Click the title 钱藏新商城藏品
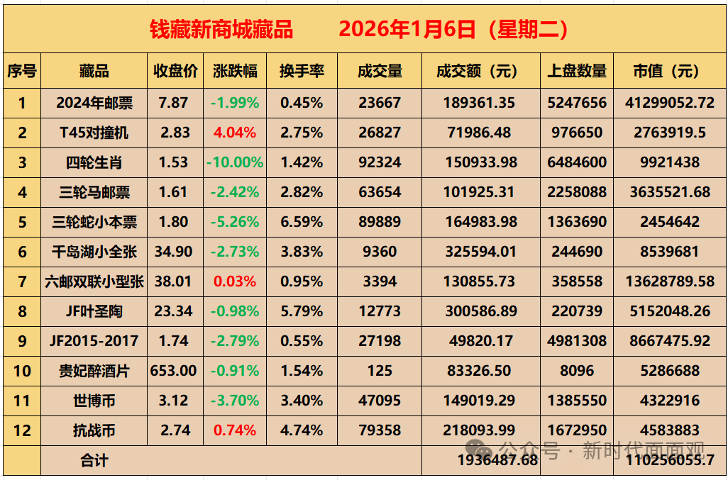click(x=221, y=29)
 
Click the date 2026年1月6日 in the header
click(x=407, y=29)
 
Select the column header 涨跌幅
click(x=235, y=71)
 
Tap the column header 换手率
click(x=302, y=71)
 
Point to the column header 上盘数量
click(x=577, y=71)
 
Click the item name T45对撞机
click(x=94, y=133)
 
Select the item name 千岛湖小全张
click(x=94, y=252)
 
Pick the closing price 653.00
click(x=174, y=371)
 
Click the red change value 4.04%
click(x=235, y=133)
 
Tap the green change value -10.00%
click(x=235, y=162)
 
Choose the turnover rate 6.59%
click(x=302, y=222)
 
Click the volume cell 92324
click(x=380, y=162)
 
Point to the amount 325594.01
click(x=480, y=252)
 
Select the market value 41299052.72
click(x=670, y=103)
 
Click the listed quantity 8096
click(x=577, y=371)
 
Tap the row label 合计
click(x=94, y=461)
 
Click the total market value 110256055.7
click(x=670, y=461)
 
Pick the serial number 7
click(x=22, y=281)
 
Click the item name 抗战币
click(x=94, y=430)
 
